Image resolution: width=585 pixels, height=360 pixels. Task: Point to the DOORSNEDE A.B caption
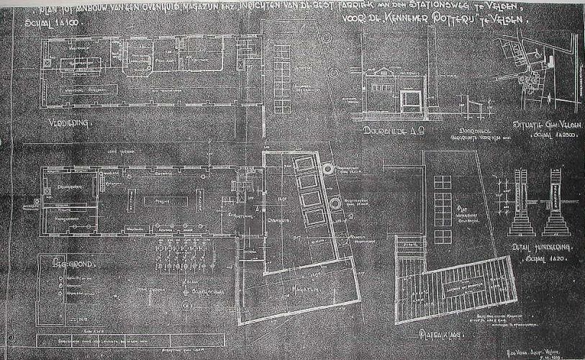coord(387,132)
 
